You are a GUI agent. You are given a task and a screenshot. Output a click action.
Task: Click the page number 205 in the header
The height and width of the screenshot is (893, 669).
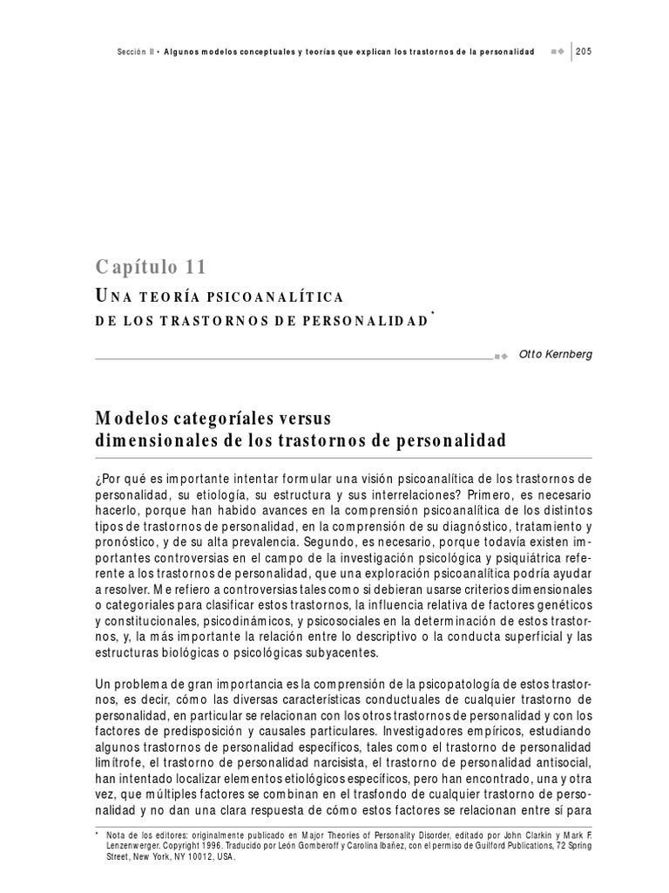pos(584,52)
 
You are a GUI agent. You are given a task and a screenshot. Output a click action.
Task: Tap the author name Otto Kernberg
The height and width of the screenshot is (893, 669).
pos(555,355)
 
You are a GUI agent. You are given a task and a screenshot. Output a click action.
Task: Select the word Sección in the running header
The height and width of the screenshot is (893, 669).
pos(135,52)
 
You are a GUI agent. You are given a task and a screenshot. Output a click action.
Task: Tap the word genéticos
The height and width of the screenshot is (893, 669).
pos(557,605)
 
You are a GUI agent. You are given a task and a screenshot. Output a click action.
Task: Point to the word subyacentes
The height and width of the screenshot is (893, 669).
pos(344,652)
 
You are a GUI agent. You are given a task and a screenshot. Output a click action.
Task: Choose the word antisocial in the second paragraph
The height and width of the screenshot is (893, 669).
pos(558,764)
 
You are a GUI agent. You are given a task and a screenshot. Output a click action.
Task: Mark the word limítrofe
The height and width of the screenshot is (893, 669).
pos(122,764)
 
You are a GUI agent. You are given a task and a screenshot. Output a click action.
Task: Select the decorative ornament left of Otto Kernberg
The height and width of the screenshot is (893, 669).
pos(501,356)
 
